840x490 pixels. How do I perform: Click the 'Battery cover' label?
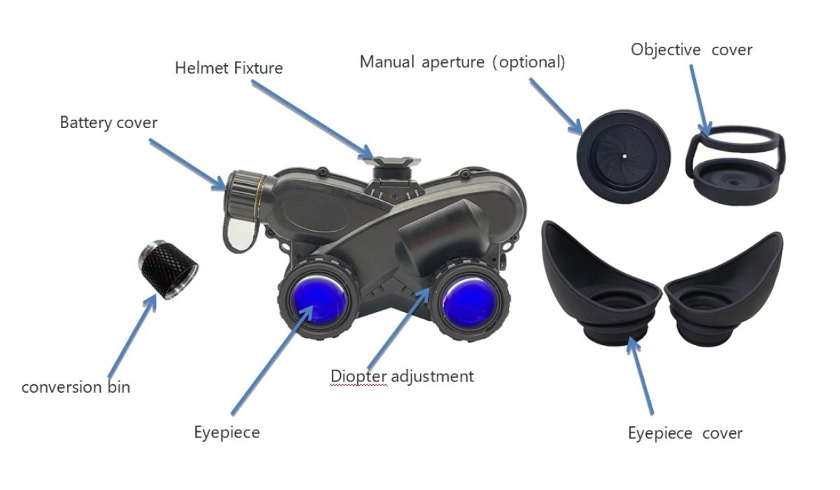(x=108, y=123)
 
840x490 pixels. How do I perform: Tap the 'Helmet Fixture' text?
(x=229, y=68)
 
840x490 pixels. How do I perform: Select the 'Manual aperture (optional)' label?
(x=463, y=62)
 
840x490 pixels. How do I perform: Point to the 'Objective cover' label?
(x=692, y=50)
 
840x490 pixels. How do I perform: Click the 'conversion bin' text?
(x=76, y=387)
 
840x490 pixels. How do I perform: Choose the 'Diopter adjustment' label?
(x=402, y=377)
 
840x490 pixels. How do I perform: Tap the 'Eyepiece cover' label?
(x=685, y=434)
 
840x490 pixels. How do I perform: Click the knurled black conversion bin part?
(x=168, y=269)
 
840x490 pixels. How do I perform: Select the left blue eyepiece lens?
(x=319, y=300)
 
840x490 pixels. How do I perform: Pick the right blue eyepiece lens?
(x=469, y=302)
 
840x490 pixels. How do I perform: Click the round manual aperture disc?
(x=624, y=157)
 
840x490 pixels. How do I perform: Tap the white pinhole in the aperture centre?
(x=624, y=156)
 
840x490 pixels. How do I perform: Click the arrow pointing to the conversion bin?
(x=132, y=336)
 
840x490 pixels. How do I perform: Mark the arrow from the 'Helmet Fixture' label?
(x=312, y=119)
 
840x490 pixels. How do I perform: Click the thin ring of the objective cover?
(x=736, y=139)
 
